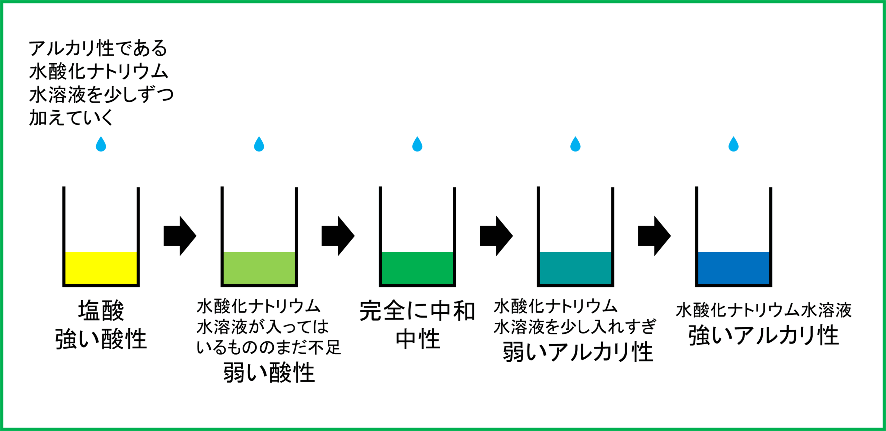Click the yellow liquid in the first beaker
[101, 268]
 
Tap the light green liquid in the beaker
[259, 268]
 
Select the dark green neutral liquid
[417, 268]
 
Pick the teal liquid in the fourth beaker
[575, 268]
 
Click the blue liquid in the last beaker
[733, 268]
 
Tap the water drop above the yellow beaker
[101, 145]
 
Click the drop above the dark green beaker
[417, 145]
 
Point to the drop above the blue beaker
[733, 145]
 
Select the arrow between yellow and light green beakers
[180, 236]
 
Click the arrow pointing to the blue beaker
[654, 236]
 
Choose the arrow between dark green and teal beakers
[496, 236]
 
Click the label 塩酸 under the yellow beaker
[101, 311]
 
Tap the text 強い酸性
[101, 339]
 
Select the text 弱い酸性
[269, 373]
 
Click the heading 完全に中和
[417, 311]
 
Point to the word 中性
[418, 339]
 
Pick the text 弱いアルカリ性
[578, 352]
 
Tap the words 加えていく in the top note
[71, 118]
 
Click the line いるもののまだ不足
[269, 347]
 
